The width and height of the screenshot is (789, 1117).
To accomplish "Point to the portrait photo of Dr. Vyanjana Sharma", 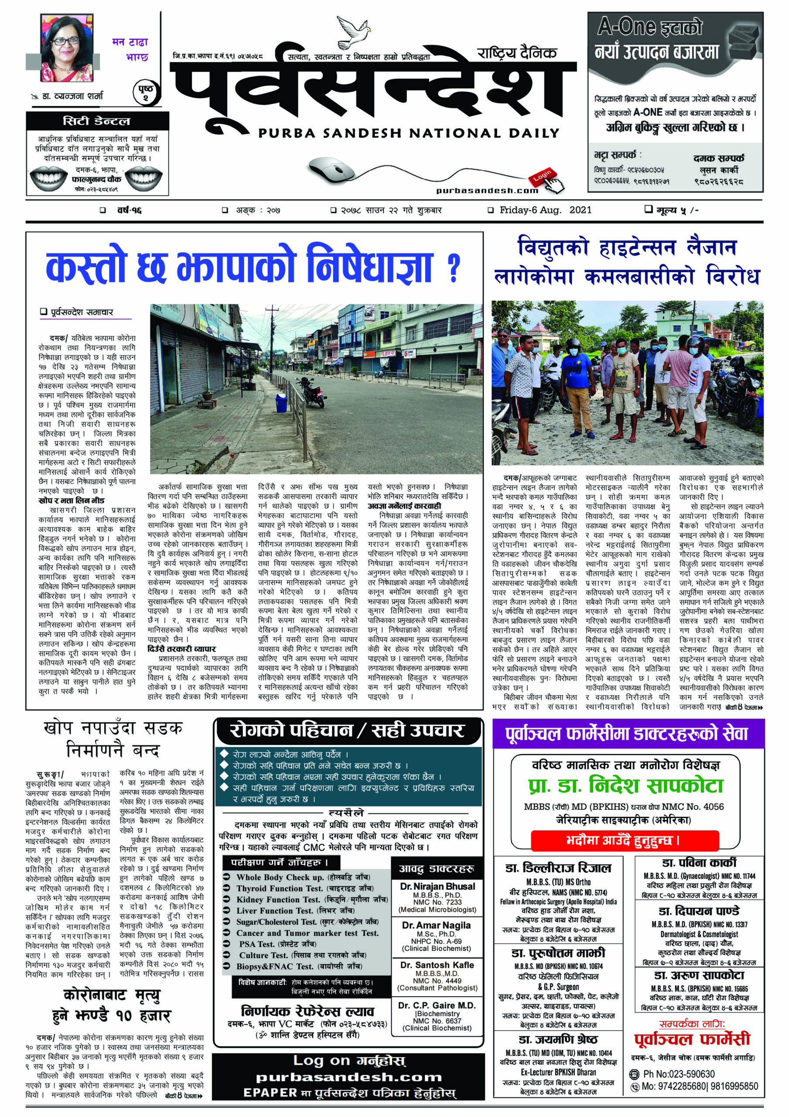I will click(66, 48).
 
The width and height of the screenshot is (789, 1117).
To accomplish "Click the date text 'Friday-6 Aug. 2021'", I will click(545, 210).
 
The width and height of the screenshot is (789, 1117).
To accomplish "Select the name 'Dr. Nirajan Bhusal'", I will click(437, 886).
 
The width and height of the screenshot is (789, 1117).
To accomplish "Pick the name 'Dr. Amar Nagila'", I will click(436, 925).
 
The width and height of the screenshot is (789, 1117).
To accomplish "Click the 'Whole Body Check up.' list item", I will click(280, 877).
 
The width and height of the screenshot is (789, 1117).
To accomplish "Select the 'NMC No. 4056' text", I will click(695, 807).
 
